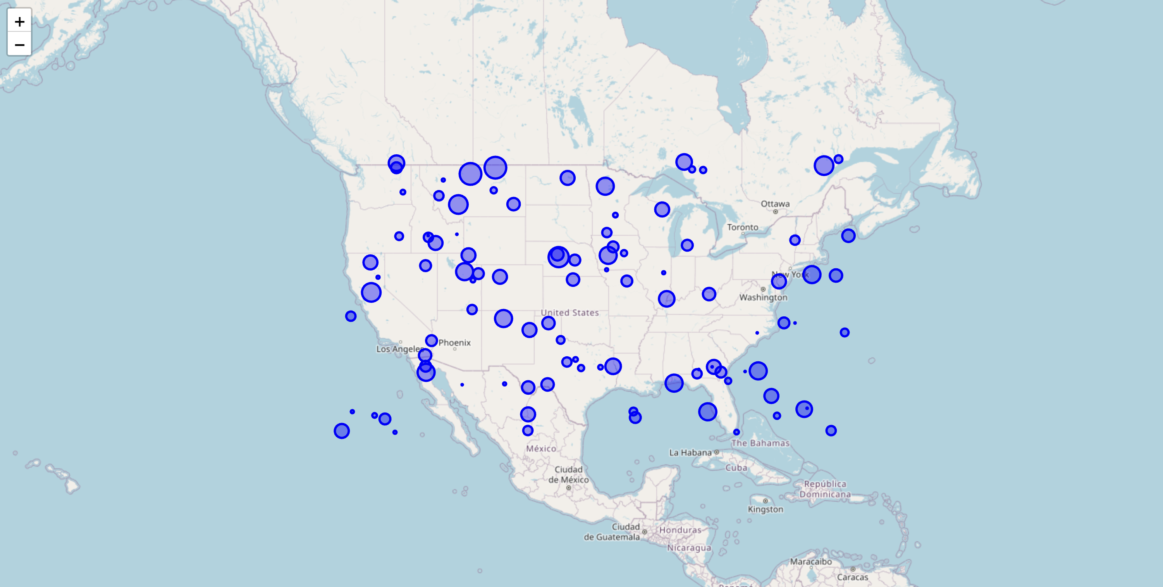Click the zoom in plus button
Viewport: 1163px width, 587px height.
[19, 21]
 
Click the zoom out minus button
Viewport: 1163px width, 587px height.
[19, 45]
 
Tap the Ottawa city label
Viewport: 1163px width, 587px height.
[775, 204]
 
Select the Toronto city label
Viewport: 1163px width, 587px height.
[742, 227]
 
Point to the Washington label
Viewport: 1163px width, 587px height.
[763, 297]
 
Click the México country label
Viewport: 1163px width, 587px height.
[541, 449]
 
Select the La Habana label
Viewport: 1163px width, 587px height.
[690, 452]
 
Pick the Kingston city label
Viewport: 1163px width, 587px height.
[765, 509]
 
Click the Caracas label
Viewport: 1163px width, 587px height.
[852, 577]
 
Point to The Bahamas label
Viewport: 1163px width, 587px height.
[760, 443]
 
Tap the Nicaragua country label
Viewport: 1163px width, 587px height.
[689, 548]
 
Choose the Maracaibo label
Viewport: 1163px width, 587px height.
[811, 562]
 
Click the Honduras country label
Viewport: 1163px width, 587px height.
[680, 530]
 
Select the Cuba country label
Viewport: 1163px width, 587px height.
[736, 468]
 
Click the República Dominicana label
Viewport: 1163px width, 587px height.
[825, 489]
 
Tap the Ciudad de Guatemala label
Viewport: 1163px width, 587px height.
[612, 532]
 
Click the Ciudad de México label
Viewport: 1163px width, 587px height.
[568, 475]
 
